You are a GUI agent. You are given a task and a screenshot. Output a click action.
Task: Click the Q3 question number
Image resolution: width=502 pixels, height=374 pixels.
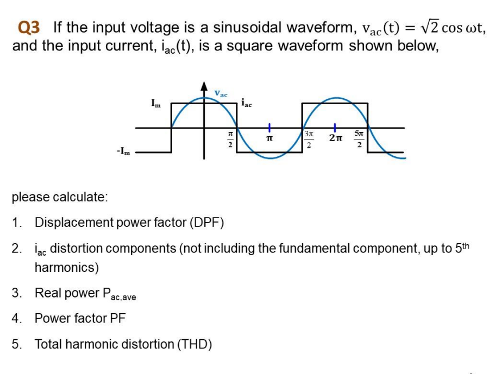[30, 27]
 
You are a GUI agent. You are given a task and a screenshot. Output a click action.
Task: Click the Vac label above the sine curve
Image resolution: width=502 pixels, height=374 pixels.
[221, 93]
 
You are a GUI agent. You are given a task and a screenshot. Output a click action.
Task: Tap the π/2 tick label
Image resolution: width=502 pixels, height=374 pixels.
[230, 140]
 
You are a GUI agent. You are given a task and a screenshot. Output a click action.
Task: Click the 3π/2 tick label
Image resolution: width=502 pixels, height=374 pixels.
[308, 140]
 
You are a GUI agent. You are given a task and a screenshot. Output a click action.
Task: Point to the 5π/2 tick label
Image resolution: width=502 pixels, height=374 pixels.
[360, 140]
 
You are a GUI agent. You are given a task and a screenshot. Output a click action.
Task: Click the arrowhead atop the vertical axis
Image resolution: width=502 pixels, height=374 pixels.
[204, 86]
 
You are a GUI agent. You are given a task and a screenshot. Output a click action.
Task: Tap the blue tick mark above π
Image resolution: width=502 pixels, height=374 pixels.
[268, 128]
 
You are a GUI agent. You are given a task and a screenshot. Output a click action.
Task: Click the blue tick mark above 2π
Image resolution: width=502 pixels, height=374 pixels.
[335, 128]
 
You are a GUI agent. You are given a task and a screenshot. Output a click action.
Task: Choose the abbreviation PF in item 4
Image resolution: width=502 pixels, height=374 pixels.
[118, 319]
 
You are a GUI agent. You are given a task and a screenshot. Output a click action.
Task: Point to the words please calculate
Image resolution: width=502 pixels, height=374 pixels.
[60, 196]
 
